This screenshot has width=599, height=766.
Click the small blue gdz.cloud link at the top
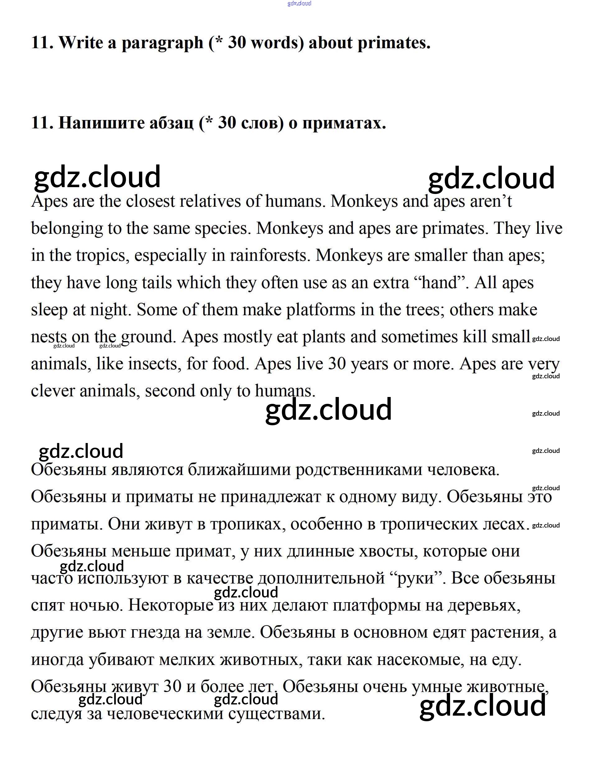click(299, 3)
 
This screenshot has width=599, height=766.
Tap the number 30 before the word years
click(337, 364)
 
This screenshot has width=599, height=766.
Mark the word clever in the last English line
click(53, 391)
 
